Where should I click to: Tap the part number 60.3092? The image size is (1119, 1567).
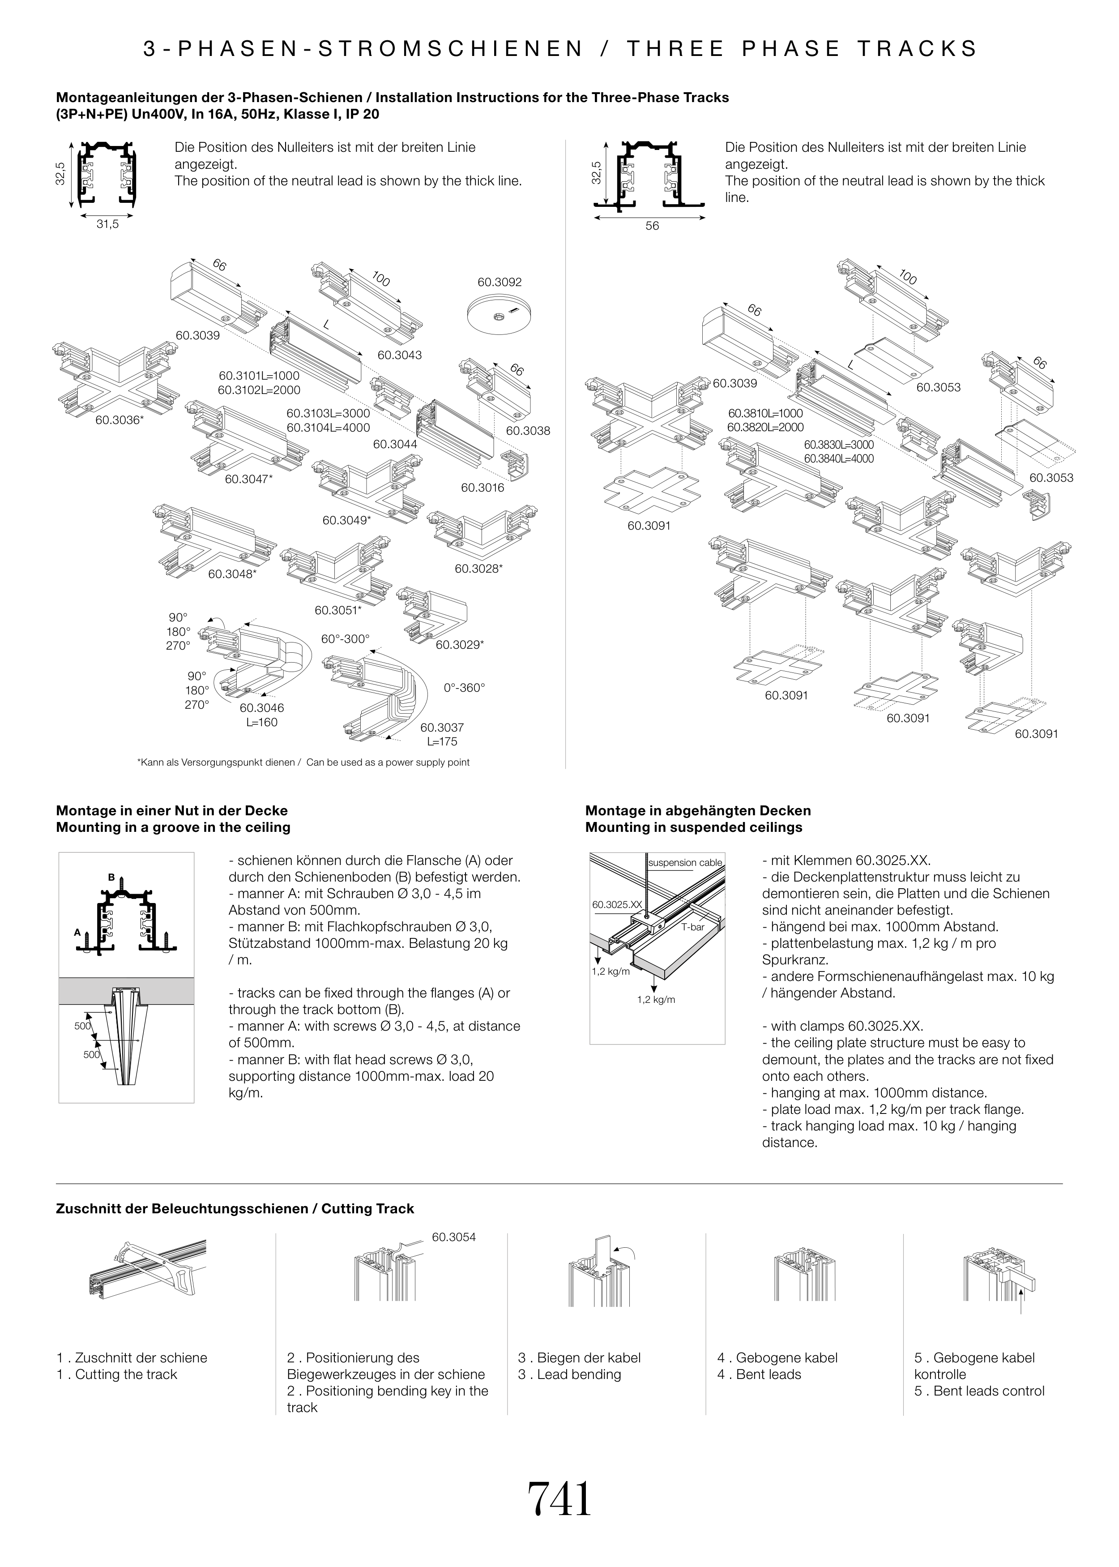coord(500,282)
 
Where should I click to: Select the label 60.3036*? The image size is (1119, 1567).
coord(119,419)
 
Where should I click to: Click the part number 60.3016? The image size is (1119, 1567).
coord(483,488)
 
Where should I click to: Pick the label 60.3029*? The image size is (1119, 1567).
coord(460,645)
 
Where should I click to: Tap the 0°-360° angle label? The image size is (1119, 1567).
coord(465,688)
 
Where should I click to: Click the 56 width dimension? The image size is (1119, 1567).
coord(652,226)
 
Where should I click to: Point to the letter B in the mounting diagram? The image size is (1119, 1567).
coord(111,877)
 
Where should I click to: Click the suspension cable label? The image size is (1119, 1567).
coord(686,863)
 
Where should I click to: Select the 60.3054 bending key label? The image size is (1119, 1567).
coord(453,1237)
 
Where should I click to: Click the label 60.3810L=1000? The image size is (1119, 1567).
coord(765,413)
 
